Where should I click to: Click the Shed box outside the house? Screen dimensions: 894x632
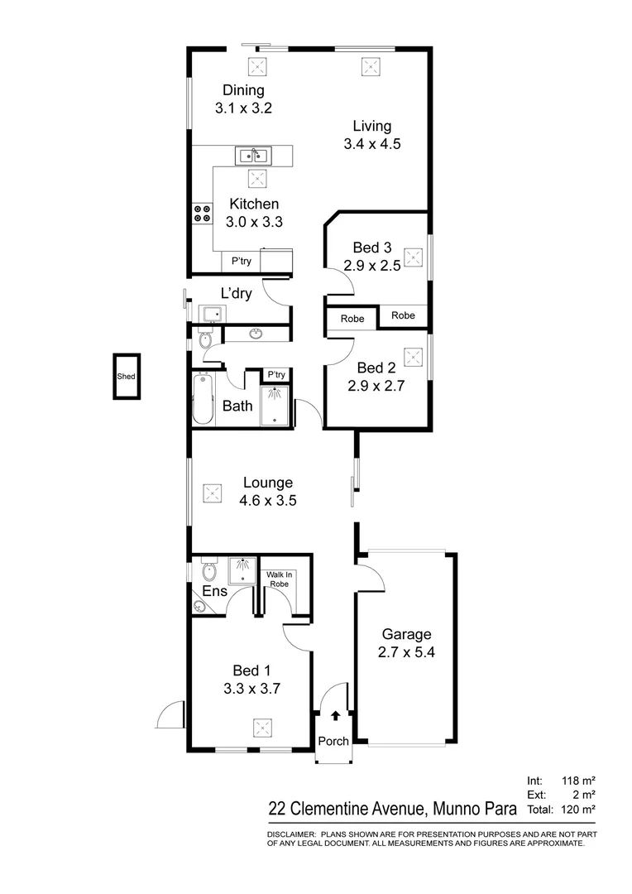[127, 377]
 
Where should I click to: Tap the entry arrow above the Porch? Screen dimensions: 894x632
[335, 717]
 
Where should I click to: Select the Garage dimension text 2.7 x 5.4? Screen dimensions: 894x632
[406, 651]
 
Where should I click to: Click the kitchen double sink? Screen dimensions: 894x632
[252, 154]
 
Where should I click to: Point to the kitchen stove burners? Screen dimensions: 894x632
[201, 214]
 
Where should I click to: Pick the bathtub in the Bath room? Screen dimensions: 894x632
[203, 399]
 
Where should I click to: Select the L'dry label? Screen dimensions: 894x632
[236, 293]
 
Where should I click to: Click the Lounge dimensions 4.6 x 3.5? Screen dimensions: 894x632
[267, 500]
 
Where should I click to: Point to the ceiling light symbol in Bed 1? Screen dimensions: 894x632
[262, 728]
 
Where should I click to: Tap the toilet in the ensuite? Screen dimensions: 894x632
[208, 572]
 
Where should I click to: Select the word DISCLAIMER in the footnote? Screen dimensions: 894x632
[290, 834]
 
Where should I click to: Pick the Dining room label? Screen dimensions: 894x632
[243, 90]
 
